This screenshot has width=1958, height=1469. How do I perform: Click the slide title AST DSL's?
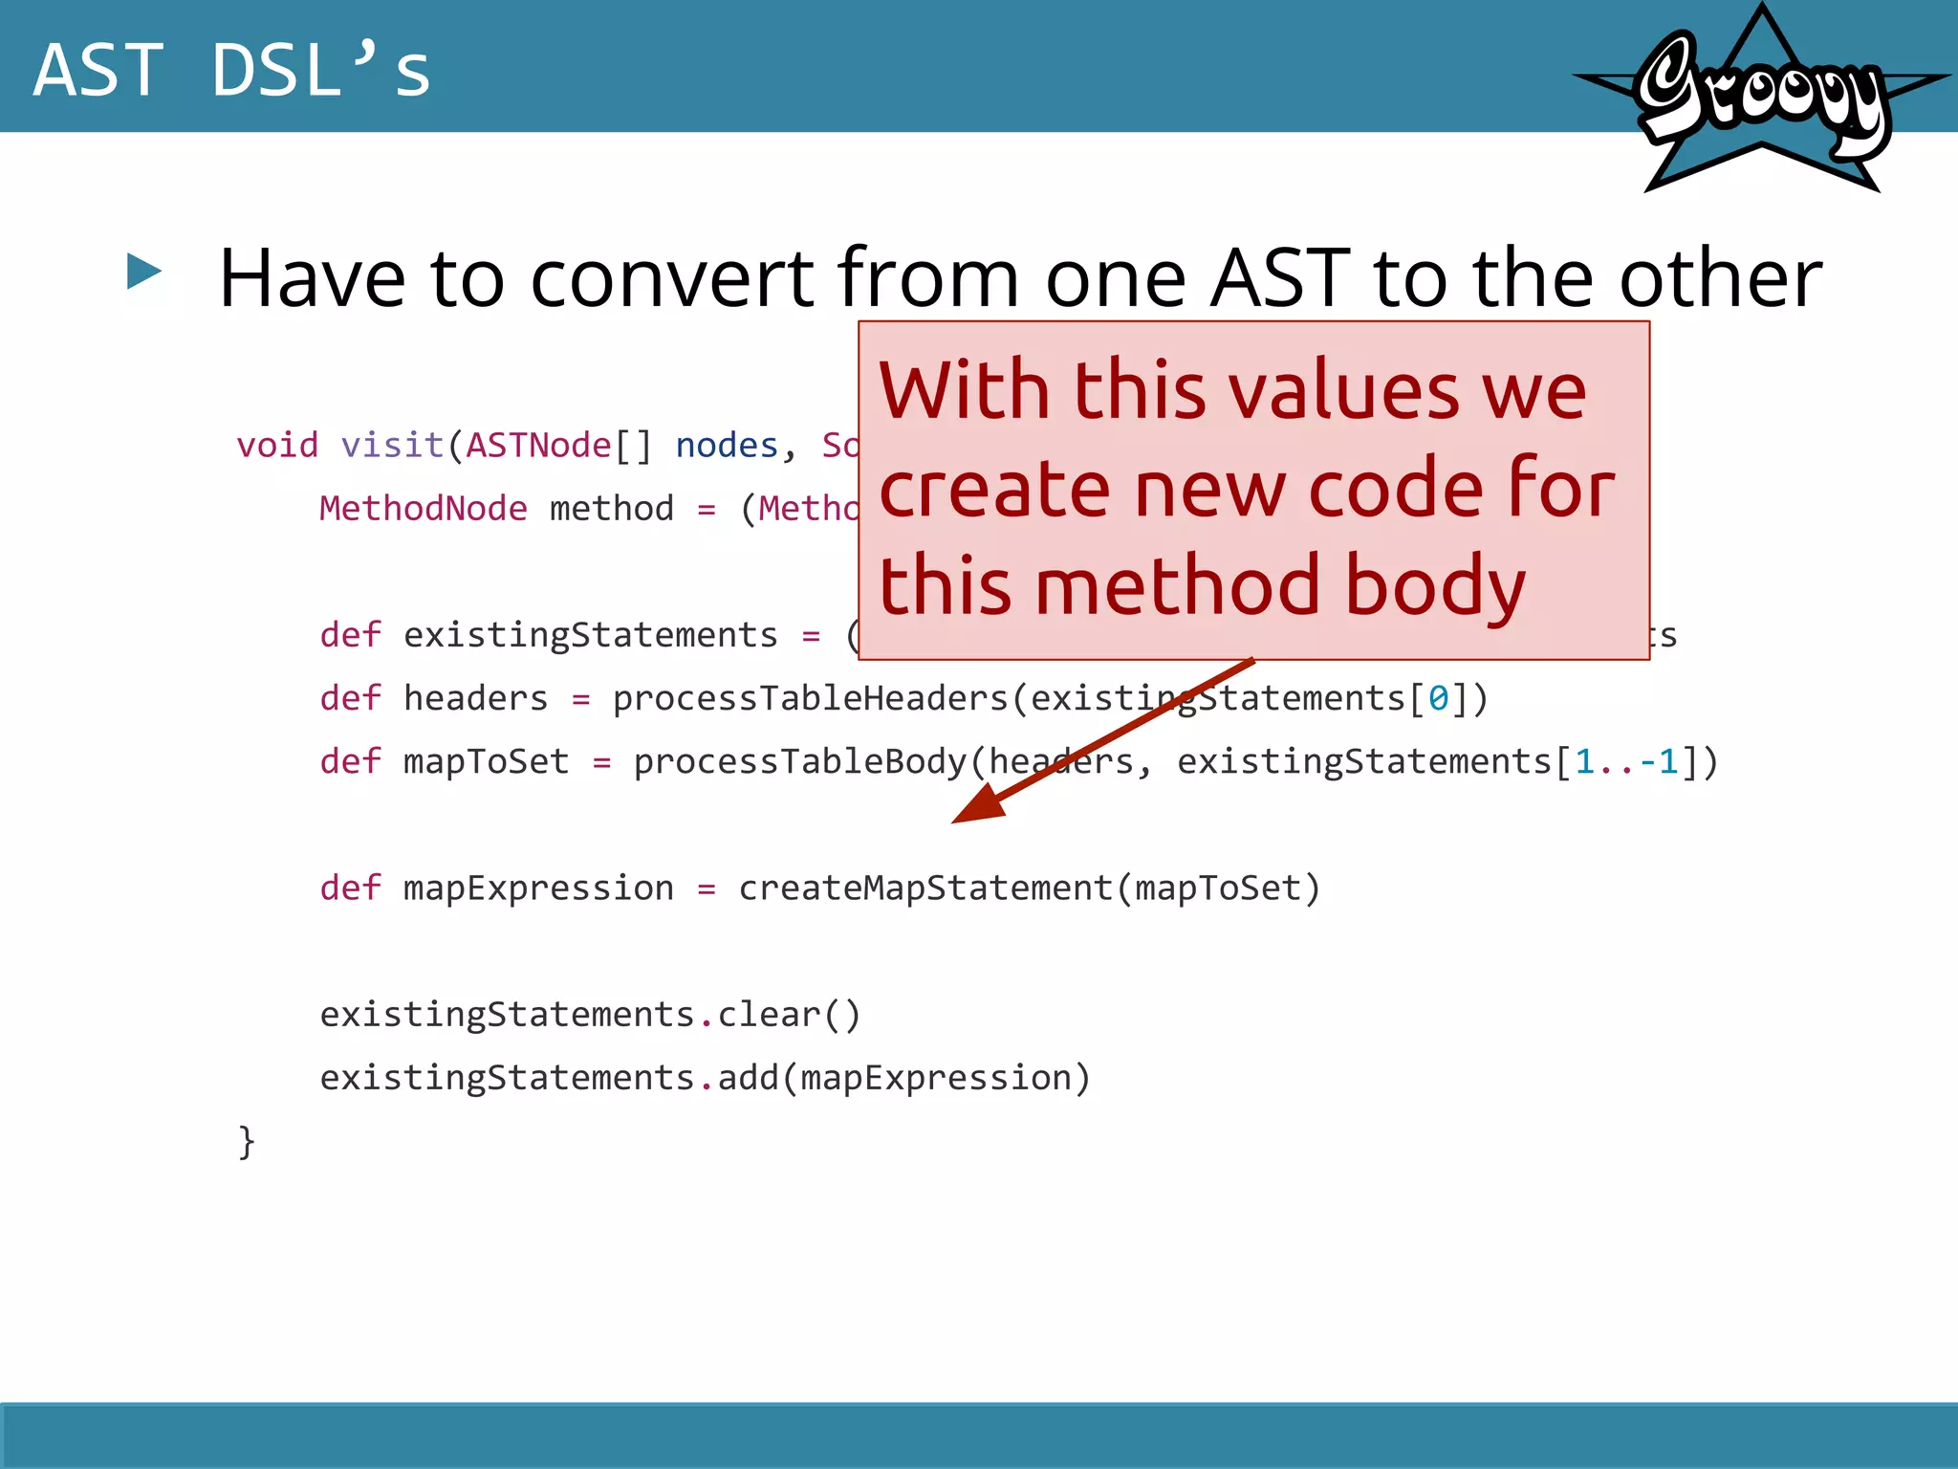[x=232, y=71]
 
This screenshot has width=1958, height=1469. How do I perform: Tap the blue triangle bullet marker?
[x=144, y=272]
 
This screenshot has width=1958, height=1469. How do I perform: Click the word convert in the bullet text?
[x=671, y=278]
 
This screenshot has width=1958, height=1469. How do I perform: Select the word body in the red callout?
[x=1434, y=587]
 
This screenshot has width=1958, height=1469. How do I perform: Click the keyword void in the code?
[x=276, y=446]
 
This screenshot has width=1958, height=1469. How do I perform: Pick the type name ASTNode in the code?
[x=538, y=446]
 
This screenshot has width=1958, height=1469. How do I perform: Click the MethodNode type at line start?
[x=423, y=509]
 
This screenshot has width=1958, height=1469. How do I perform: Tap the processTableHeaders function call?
[x=810, y=699]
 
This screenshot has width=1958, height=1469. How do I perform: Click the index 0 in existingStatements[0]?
[x=1437, y=699]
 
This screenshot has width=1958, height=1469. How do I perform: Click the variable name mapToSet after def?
[x=486, y=762]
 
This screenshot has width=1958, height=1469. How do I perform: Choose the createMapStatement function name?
[x=925, y=888]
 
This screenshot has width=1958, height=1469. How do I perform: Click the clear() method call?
[x=789, y=1015]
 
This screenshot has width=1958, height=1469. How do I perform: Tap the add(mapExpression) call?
[x=903, y=1078]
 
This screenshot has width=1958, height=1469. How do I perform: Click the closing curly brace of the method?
[x=247, y=1141]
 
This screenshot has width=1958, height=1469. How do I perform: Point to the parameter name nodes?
[x=727, y=446]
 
